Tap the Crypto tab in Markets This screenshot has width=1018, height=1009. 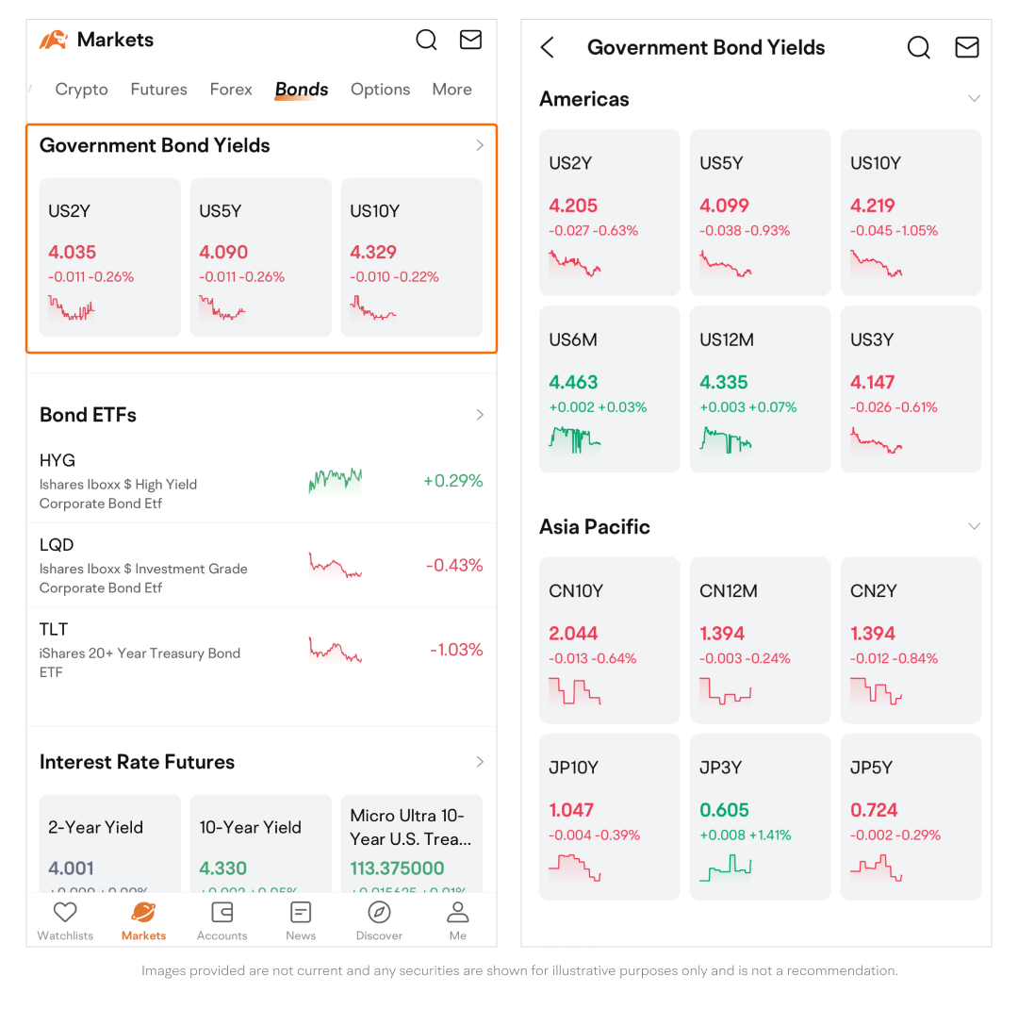(81, 90)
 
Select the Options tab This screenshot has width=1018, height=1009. (380, 90)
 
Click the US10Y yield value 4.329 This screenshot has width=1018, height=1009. (373, 252)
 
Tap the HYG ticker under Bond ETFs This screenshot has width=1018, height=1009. (57, 460)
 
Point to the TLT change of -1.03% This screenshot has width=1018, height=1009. (456, 650)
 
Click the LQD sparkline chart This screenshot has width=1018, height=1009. (335, 566)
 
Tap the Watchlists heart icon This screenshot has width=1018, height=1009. (65, 912)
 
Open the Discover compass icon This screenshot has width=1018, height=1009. (379, 912)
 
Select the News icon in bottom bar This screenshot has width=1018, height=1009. (301, 912)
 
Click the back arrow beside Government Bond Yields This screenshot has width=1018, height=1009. (548, 48)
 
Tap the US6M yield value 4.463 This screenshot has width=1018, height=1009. (573, 382)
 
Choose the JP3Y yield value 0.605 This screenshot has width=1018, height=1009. (724, 810)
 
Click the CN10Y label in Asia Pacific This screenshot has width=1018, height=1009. (576, 591)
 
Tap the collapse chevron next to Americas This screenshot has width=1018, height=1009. (974, 99)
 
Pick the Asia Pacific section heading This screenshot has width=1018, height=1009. (595, 527)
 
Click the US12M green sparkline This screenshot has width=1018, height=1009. (726, 439)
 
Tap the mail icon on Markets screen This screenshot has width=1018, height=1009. (470, 40)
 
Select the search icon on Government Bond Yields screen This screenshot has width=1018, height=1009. (918, 47)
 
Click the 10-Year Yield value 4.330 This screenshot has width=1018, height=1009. (223, 868)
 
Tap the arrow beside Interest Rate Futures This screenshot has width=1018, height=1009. (480, 762)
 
